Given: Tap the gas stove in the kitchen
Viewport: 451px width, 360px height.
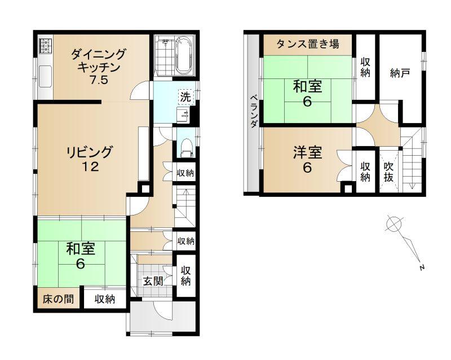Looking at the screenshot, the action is pos(45,46).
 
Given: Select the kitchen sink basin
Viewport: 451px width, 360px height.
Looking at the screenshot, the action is pos(45,76).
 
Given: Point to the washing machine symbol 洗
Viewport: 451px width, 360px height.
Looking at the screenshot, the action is pos(185,97).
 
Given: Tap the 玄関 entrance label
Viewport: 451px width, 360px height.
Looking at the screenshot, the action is pos(153,282).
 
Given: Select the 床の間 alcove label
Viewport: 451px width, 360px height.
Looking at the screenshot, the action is pos(58,299).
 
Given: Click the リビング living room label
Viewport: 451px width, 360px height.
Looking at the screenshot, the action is pos(90,152).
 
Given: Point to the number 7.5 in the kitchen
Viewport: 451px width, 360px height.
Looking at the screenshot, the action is pos(99,80).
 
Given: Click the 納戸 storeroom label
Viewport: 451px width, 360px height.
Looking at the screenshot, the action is pos(400,73).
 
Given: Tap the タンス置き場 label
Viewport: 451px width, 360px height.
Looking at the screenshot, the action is pos(308,44).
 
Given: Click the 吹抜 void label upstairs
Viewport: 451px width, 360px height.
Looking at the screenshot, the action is pos(388,172).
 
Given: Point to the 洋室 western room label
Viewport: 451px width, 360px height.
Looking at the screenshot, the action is pos(307,153).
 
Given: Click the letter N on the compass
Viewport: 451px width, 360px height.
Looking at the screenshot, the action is pos(422,267).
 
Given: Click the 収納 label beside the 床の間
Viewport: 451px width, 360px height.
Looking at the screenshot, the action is pos(105,299).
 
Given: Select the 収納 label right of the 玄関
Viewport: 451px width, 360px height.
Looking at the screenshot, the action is pos(185,275).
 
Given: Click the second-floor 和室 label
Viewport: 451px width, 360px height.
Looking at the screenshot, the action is pos(307,86).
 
